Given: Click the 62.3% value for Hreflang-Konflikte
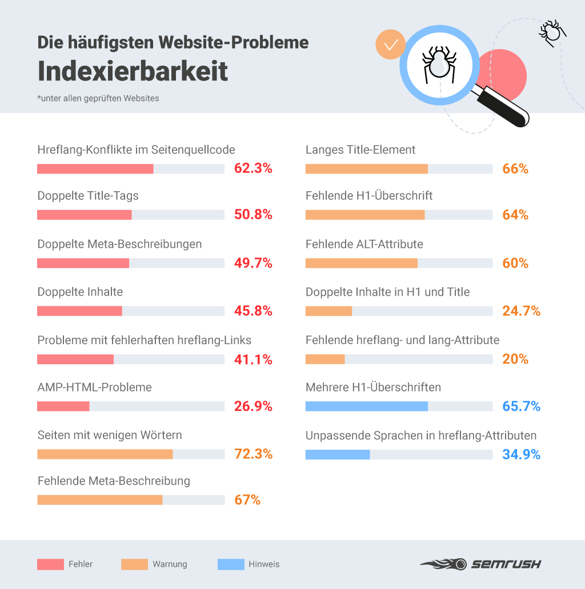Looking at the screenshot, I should pyautogui.click(x=253, y=168).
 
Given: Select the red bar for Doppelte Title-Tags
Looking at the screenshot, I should pyautogui.click(x=85, y=215).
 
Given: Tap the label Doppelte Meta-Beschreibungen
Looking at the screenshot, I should pyautogui.click(x=119, y=244).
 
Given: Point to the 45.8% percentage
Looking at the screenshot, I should pyautogui.click(x=253, y=311).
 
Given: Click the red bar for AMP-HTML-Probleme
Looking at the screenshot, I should pyautogui.click(x=63, y=406).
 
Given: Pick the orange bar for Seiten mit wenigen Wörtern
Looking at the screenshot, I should pyautogui.click(x=105, y=454).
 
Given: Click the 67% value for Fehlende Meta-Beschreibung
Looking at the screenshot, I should pyautogui.click(x=247, y=500).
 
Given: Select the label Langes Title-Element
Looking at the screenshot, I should pyautogui.click(x=360, y=150).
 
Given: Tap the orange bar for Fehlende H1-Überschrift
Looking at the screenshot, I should pyautogui.click(x=365, y=215).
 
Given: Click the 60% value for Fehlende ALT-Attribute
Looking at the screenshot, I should pyautogui.click(x=515, y=263).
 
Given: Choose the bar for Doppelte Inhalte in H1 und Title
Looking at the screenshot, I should pyautogui.click(x=328, y=311).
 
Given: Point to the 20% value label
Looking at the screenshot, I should pyautogui.click(x=515, y=359).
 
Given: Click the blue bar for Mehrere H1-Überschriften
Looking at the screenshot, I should pyautogui.click(x=367, y=406).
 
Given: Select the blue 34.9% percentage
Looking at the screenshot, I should pyautogui.click(x=521, y=454).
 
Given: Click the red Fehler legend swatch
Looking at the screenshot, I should pyautogui.click(x=50, y=564).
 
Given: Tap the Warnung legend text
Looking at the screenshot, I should pyautogui.click(x=170, y=564).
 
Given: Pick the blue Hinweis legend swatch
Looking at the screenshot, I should pyautogui.click(x=231, y=564).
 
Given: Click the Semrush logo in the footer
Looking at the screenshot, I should pyautogui.click(x=480, y=564).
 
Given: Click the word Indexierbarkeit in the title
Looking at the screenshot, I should pyautogui.click(x=133, y=71).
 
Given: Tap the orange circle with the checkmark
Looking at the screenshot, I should pyautogui.click(x=391, y=45).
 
